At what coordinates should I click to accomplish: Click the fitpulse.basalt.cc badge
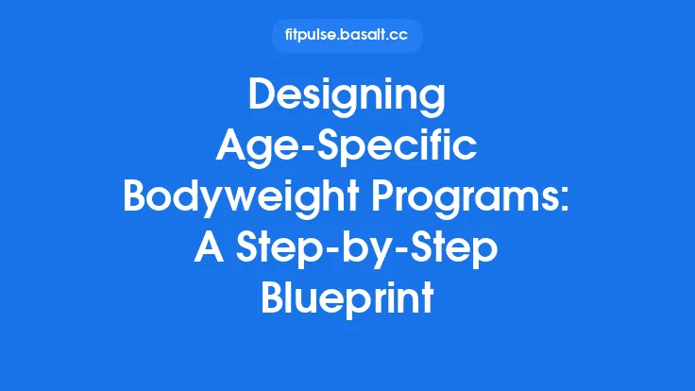(x=347, y=36)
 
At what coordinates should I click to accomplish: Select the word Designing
(x=347, y=97)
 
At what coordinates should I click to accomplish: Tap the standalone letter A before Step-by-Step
(x=208, y=246)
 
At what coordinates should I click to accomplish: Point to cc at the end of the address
(x=402, y=36)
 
